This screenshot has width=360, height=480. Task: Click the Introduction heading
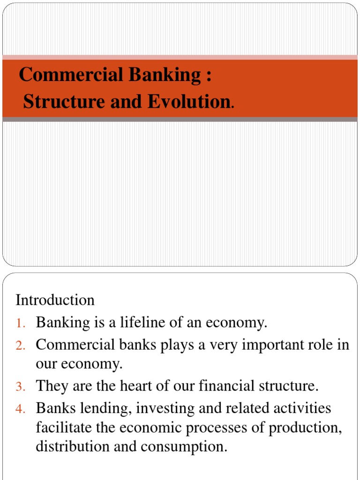point(55,300)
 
